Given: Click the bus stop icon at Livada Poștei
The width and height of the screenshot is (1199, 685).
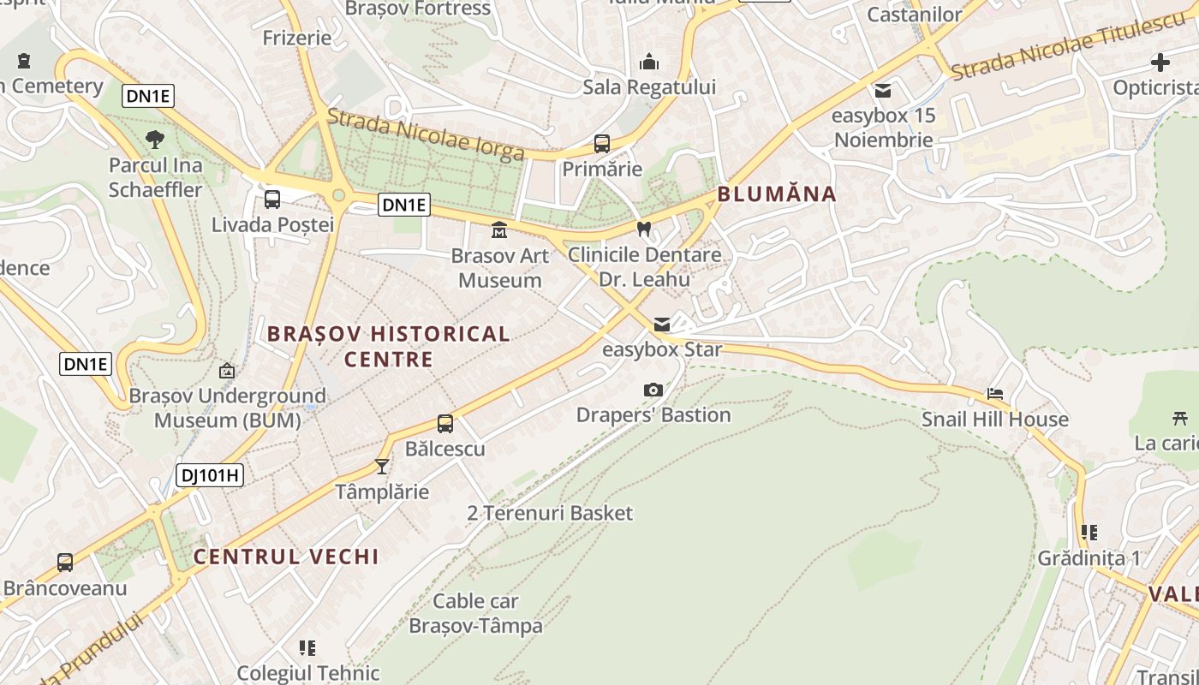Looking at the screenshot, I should click(x=272, y=200).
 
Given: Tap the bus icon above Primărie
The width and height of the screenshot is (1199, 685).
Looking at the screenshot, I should click(x=602, y=144).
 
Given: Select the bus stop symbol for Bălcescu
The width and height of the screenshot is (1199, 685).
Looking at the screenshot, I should click(x=445, y=423).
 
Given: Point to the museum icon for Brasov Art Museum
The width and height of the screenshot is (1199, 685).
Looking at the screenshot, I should click(x=499, y=229).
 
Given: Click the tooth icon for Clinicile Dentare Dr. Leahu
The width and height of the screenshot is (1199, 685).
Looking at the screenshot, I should click(x=645, y=229).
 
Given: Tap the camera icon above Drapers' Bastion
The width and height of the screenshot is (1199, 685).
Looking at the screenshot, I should click(x=653, y=390).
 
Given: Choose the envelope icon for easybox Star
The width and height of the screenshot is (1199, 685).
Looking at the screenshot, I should click(x=662, y=325).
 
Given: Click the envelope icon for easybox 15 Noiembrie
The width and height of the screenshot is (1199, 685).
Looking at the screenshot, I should click(x=883, y=91).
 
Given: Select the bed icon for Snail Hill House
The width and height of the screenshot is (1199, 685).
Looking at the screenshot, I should click(x=995, y=394).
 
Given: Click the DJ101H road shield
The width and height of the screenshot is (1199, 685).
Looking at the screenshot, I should click(x=210, y=475).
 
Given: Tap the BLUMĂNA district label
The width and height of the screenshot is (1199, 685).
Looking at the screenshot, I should click(x=776, y=194).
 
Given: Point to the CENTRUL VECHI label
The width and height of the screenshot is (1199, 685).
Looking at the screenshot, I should click(x=286, y=557).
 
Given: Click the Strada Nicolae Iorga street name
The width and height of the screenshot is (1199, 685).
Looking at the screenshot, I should click(x=425, y=134).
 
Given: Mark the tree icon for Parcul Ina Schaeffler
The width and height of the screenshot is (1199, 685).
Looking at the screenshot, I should click(x=155, y=140).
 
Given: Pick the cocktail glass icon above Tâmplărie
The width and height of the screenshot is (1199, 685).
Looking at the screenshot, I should click(x=382, y=467).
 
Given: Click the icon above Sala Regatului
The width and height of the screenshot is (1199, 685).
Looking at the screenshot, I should click(x=649, y=63).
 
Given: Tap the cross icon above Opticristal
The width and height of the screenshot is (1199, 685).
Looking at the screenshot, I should click(x=1160, y=63).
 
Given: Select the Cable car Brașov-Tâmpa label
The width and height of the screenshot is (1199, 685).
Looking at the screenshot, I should click(x=475, y=613).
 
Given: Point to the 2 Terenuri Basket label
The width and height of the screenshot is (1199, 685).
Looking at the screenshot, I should click(x=550, y=513).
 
